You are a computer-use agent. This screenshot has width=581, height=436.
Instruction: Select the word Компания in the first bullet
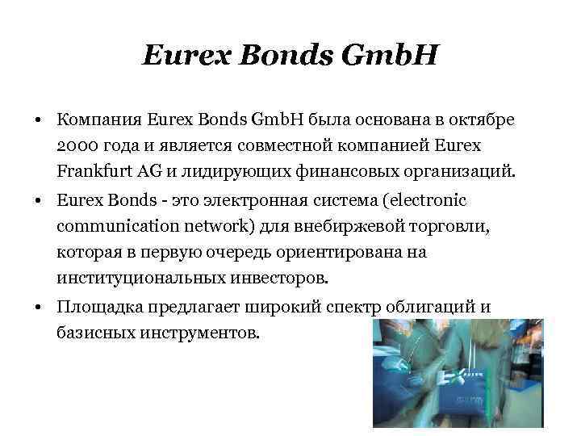tap(100, 120)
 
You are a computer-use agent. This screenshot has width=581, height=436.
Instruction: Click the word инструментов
tap(200, 332)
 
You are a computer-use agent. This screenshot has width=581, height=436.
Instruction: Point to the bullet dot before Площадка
tap(39, 307)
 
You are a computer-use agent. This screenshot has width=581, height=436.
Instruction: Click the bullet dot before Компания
tap(39, 121)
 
